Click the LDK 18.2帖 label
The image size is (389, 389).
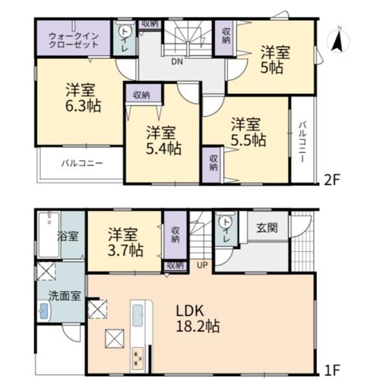tap(198, 318)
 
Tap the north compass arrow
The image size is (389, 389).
tap(337, 41)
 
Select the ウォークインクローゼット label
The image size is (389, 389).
tap(74, 40)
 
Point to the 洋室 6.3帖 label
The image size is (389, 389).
tap(83, 98)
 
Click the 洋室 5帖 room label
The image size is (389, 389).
tap(275, 60)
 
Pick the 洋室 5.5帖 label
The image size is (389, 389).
tap(248, 132)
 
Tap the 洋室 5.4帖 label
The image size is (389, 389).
tap(163, 141)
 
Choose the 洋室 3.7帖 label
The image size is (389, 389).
tap(125, 242)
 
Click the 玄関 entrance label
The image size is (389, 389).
tap(266, 228)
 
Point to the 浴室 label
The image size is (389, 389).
tap(67, 236)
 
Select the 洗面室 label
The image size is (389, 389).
tap(64, 296)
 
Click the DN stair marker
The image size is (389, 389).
tap(177, 62)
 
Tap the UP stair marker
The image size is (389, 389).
tap(202, 265)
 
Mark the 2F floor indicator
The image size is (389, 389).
tap(332, 180)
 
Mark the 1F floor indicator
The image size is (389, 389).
tap(332, 370)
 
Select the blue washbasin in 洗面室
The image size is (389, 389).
tap(44, 311)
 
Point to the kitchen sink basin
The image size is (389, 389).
tap(137, 315)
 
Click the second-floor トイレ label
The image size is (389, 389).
tap(124, 39)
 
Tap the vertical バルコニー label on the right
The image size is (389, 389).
tap(302, 142)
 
